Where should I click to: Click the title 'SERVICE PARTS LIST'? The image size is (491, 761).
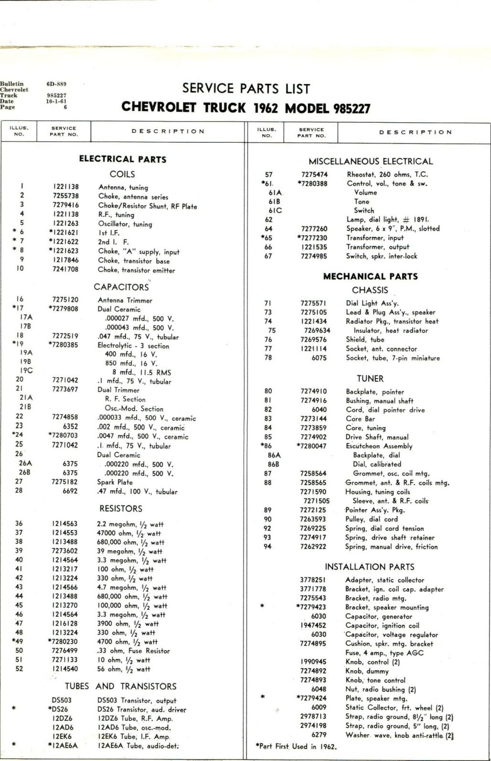click(x=246, y=89)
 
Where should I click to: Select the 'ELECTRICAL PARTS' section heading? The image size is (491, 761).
click(x=123, y=159)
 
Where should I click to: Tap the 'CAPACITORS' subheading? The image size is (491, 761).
click(x=121, y=287)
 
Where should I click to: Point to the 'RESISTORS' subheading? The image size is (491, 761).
click(x=121, y=508)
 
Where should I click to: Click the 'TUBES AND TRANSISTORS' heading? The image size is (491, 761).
click(x=121, y=686)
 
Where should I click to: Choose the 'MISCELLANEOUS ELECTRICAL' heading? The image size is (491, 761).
click(x=371, y=161)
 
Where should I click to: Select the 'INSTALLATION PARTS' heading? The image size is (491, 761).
click(x=370, y=567)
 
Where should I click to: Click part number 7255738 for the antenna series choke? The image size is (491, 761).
click(x=66, y=196)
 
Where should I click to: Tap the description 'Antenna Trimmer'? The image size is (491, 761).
click(x=125, y=300)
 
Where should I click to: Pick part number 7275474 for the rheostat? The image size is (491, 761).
click(x=314, y=175)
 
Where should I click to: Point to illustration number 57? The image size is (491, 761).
click(x=269, y=175)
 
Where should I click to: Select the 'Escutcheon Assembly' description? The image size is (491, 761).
click(x=379, y=446)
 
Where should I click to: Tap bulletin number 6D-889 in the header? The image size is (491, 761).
click(x=56, y=84)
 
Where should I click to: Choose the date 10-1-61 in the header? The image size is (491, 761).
click(x=56, y=101)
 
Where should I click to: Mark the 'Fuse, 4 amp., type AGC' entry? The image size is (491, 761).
click(x=384, y=653)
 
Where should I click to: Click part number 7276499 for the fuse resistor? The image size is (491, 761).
click(x=65, y=651)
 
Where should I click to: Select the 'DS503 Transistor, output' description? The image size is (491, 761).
click(x=130, y=700)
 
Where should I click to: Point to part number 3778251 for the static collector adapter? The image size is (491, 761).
click(x=313, y=580)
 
